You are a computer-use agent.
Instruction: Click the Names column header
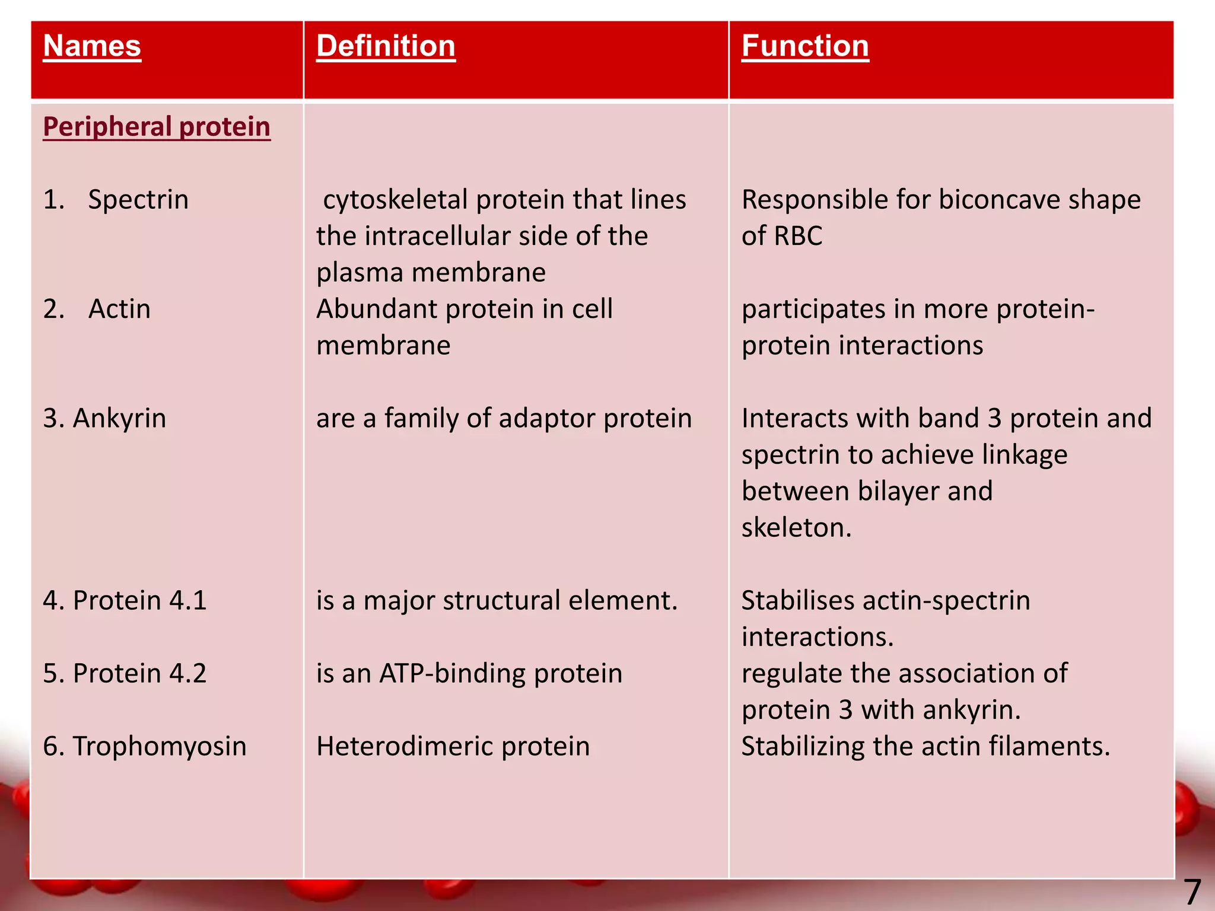(92, 46)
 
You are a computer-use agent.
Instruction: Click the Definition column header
(386, 46)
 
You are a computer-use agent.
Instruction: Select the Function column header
(805, 46)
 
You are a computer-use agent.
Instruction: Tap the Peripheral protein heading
(157, 127)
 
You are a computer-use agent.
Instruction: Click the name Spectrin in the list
(138, 199)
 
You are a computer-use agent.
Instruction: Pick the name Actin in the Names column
(119, 309)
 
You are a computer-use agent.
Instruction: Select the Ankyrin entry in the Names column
(119, 418)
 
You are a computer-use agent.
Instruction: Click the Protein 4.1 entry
(139, 600)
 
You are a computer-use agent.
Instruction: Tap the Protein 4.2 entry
(139, 673)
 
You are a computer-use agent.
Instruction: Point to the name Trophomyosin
(159, 746)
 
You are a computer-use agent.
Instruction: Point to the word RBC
(798, 236)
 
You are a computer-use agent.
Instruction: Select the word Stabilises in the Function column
(797, 600)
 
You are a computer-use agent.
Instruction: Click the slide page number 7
(1192, 891)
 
